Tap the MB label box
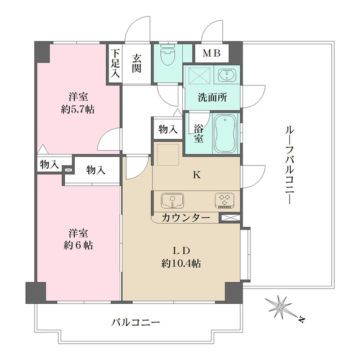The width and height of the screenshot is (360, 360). click(212, 54)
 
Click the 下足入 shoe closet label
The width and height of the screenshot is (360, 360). click(115, 63)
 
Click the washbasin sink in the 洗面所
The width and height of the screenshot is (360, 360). click(227, 75)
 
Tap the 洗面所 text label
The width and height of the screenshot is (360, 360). click(212, 97)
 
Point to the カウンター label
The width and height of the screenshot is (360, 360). click(186, 218)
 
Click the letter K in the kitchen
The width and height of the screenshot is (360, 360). click(196, 175)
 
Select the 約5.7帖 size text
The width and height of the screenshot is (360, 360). click(78, 109)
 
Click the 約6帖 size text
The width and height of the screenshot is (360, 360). click(78, 246)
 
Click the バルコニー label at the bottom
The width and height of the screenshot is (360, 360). click(136, 322)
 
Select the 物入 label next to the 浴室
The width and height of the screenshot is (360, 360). click(168, 129)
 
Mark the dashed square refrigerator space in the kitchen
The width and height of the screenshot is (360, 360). click(168, 156)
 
